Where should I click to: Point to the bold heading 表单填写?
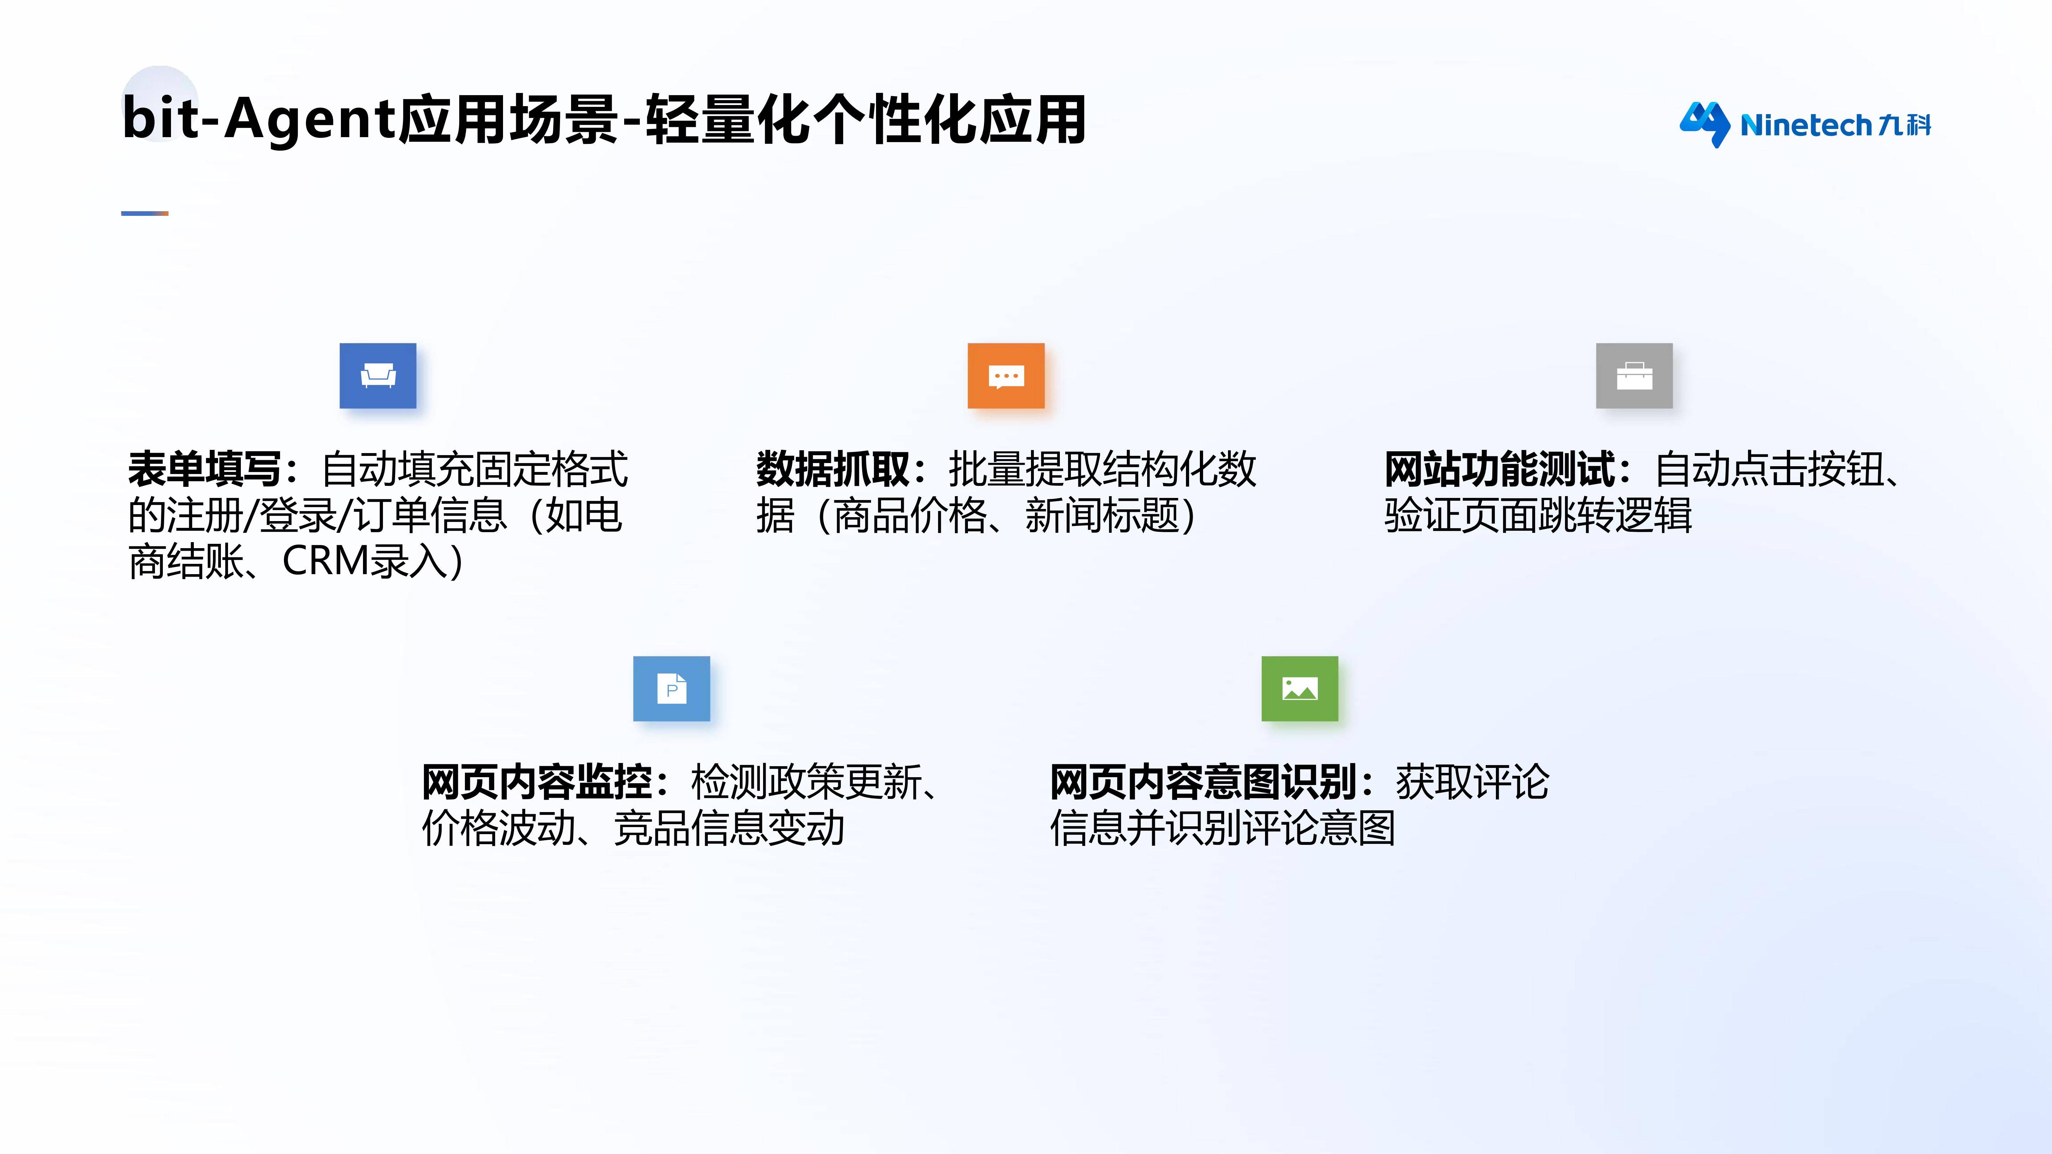[205, 469]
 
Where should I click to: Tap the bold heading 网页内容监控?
[537, 782]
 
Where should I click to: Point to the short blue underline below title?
[145, 213]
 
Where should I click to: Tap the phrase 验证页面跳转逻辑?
[1538, 515]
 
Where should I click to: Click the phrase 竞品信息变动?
[729, 828]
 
